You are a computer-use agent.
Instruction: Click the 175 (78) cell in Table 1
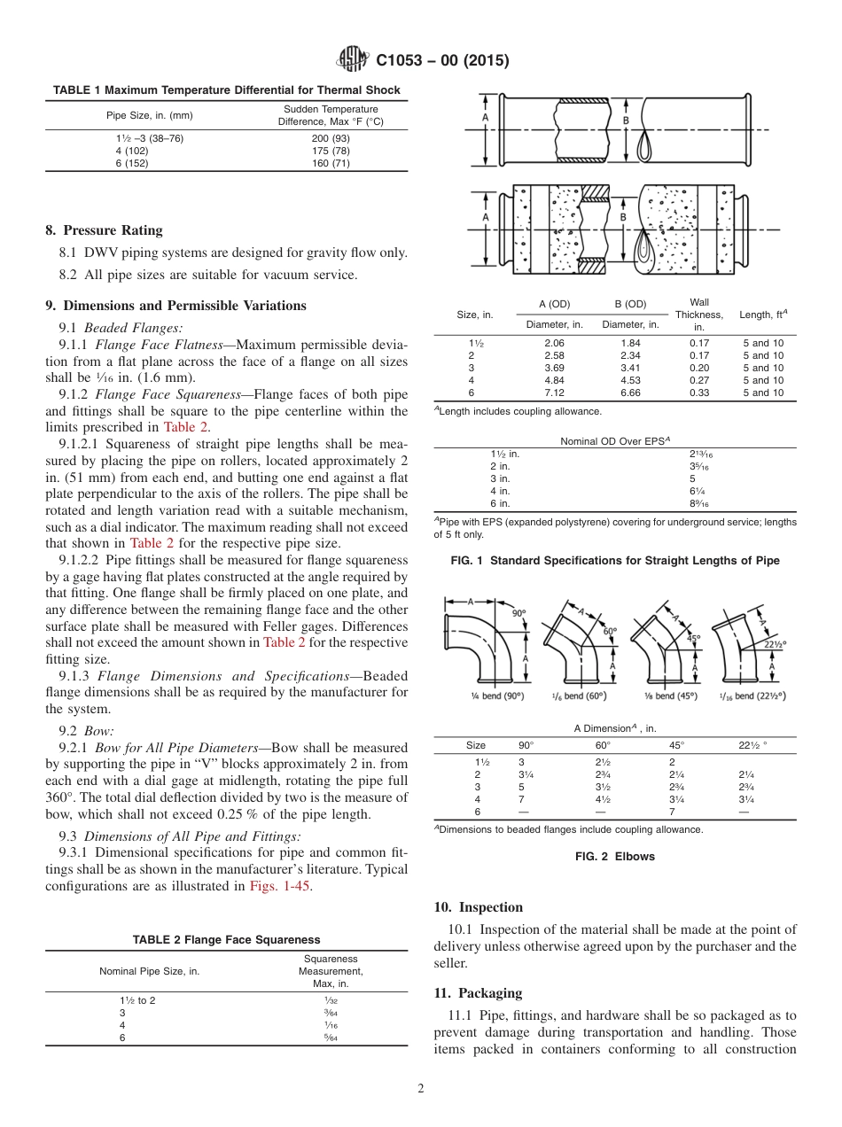pos(331,151)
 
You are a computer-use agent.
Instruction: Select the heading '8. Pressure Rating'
pos(104,230)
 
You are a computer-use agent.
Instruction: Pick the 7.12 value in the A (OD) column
pos(554,393)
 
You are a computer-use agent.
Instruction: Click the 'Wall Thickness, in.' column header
pos(698,315)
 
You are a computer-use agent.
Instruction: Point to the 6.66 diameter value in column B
pos(630,393)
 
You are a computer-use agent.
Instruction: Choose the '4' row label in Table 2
pos(122,1024)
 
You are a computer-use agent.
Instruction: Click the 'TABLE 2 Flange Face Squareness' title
pos(227,939)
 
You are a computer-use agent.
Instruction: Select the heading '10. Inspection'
pos(478,907)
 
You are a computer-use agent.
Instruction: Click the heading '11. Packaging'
pos(478,993)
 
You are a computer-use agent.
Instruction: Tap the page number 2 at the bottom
pos(420,1089)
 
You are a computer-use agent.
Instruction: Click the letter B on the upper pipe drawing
pos(626,120)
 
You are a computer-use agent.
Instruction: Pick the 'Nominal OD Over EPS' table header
pos(618,440)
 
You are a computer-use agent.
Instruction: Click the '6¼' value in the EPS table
pos(674,491)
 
